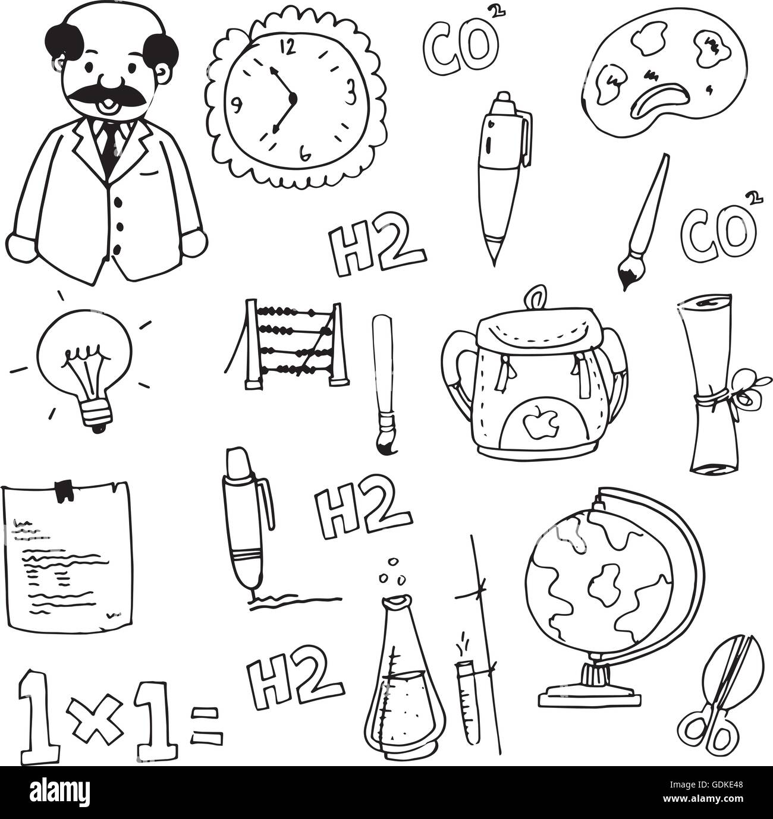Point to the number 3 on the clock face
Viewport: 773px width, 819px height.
pos(351,92)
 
